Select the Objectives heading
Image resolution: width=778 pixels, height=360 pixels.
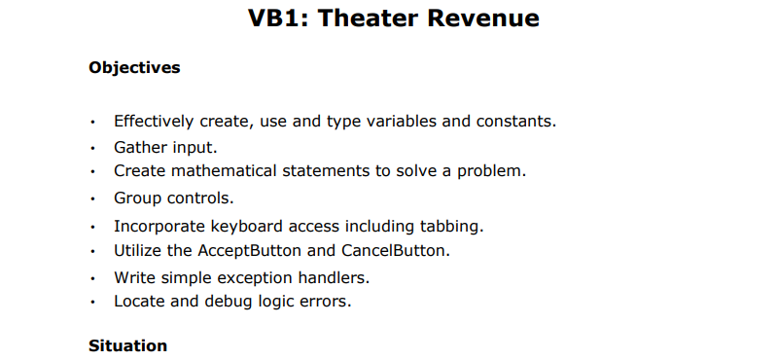click(134, 68)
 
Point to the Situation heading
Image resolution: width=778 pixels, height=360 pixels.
click(127, 345)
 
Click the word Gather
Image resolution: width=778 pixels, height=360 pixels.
click(142, 147)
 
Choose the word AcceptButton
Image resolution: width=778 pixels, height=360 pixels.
click(262, 250)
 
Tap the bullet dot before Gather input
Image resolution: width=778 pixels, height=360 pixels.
click(91, 148)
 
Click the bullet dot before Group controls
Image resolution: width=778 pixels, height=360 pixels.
click(91, 199)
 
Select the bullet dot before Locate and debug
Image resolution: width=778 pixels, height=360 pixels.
click(91, 302)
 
